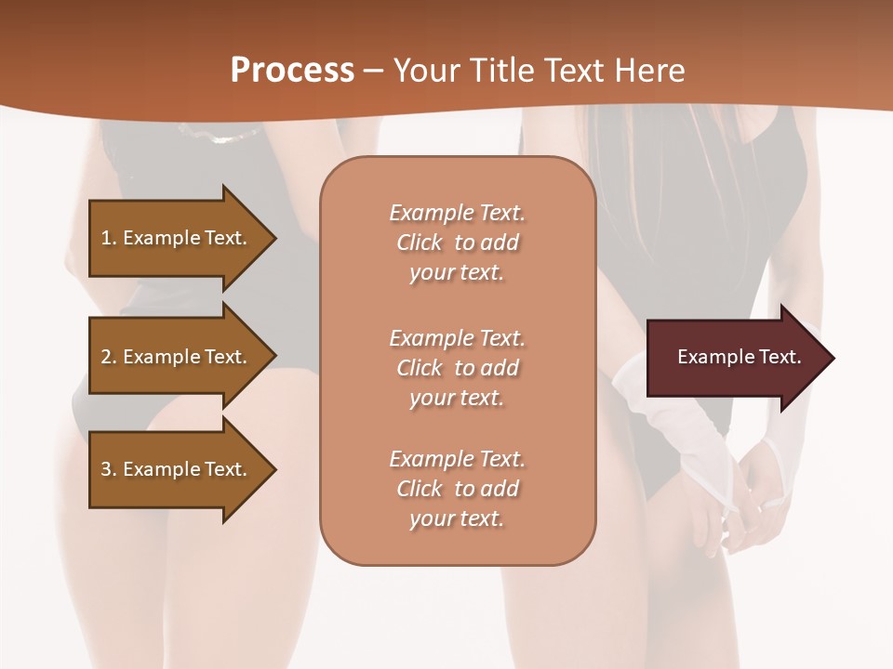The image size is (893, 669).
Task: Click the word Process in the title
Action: [x=292, y=71]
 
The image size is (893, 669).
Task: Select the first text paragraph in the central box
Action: [x=457, y=243]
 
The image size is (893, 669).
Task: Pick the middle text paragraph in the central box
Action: [x=457, y=367]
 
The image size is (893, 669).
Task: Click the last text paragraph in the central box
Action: [x=457, y=489]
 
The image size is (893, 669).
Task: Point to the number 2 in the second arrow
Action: [x=106, y=357]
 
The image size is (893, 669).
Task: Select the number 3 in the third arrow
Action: [x=106, y=469]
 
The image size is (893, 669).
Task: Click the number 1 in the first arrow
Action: [x=106, y=238]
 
